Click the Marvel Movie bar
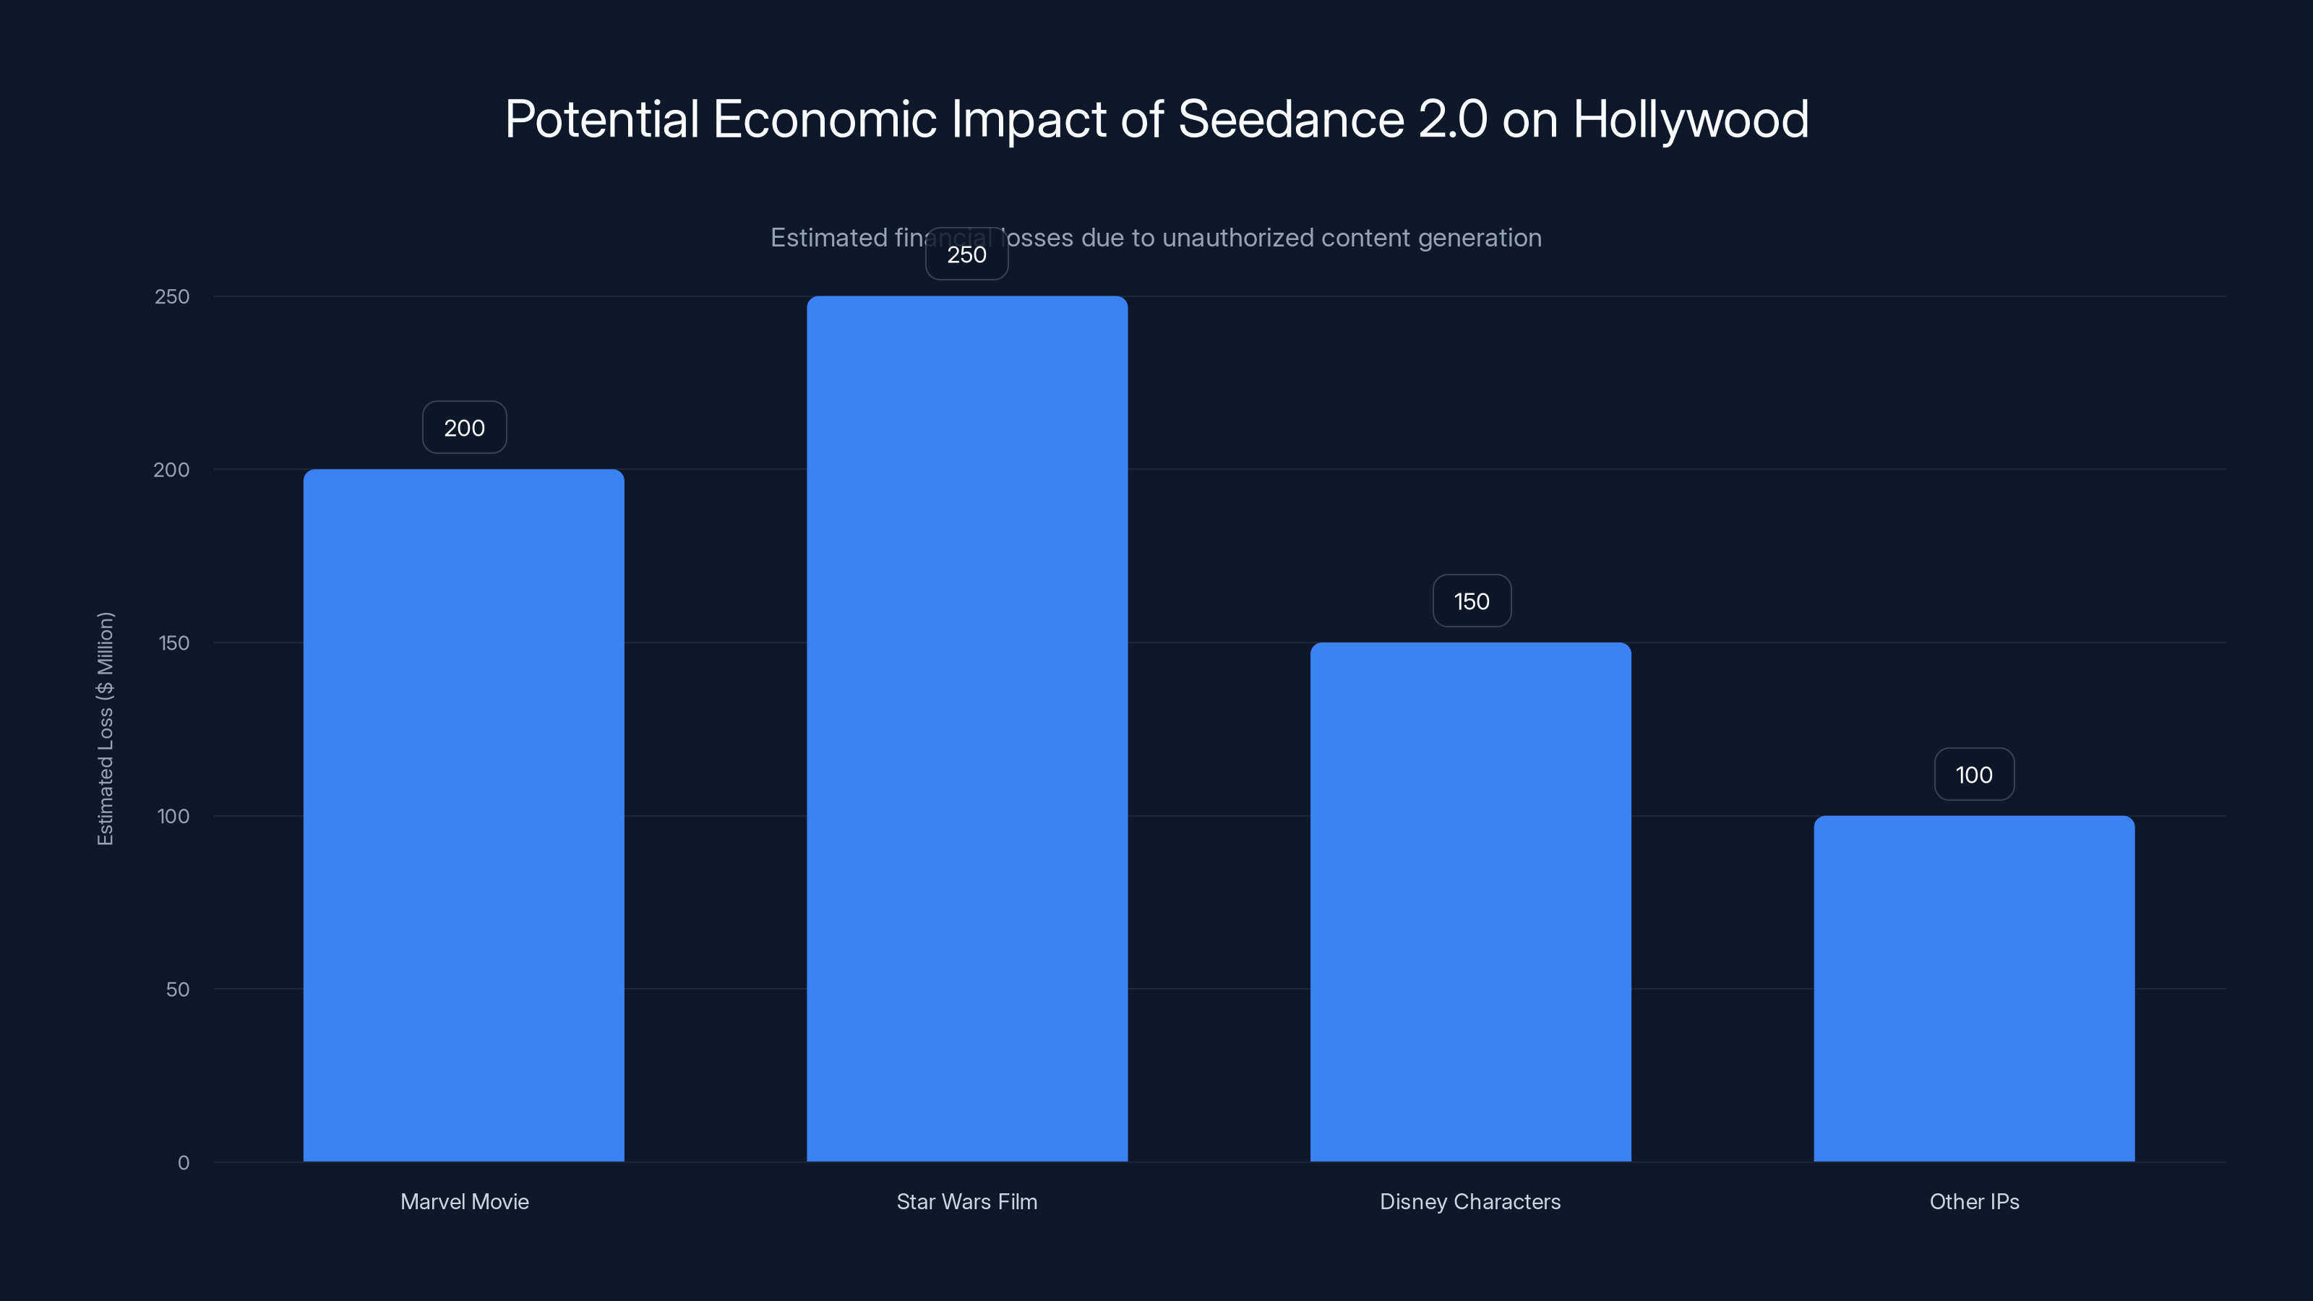[x=463, y=815]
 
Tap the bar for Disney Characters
[x=1470, y=901]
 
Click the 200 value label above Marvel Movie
[x=464, y=427]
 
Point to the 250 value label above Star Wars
[x=966, y=254]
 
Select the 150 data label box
[x=1471, y=601]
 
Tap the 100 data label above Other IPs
[x=1973, y=774]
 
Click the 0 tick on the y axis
[x=183, y=1163]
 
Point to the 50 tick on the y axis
[x=177, y=989]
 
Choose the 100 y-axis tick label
[x=173, y=816]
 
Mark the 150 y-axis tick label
[x=173, y=643]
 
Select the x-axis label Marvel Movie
[x=464, y=1201]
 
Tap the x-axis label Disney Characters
[x=1470, y=1201]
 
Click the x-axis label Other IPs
[x=1973, y=1201]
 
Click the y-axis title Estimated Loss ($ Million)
[x=105, y=728]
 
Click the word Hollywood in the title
[x=1690, y=119]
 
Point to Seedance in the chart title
[x=1290, y=119]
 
